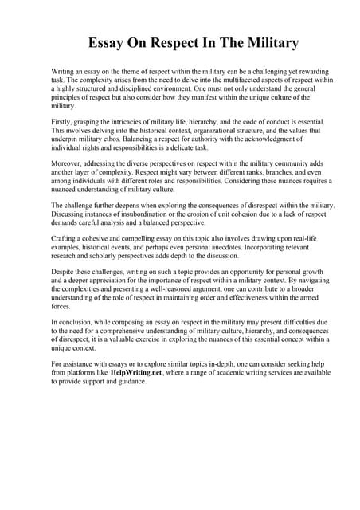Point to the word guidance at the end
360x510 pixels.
[x=130, y=381]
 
